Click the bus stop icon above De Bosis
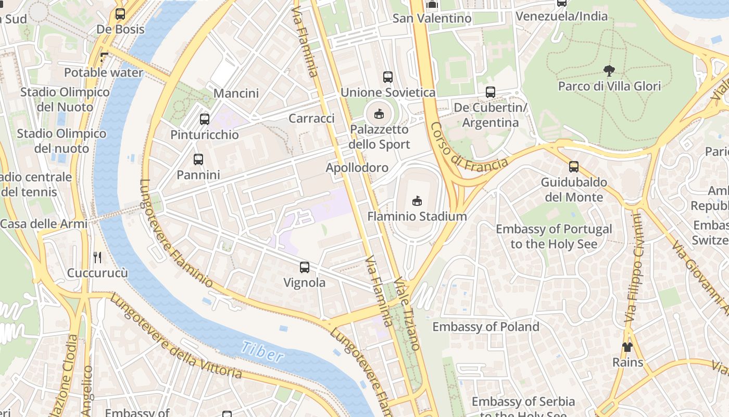tap(120, 14)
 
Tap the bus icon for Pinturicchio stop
tap(205, 119)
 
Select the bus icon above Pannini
tap(198, 160)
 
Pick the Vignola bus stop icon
tap(305, 267)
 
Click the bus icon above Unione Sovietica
tap(388, 77)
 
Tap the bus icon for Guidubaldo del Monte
tap(574, 167)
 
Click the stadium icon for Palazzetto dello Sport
tap(379, 114)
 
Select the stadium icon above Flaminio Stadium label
tap(417, 201)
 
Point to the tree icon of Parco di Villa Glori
tap(609, 71)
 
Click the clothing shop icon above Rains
tap(627, 347)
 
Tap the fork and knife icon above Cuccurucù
tap(97, 257)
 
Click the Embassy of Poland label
tap(486, 327)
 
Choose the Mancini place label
tap(236, 93)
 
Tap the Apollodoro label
tap(357, 167)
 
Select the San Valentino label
tap(432, 18)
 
